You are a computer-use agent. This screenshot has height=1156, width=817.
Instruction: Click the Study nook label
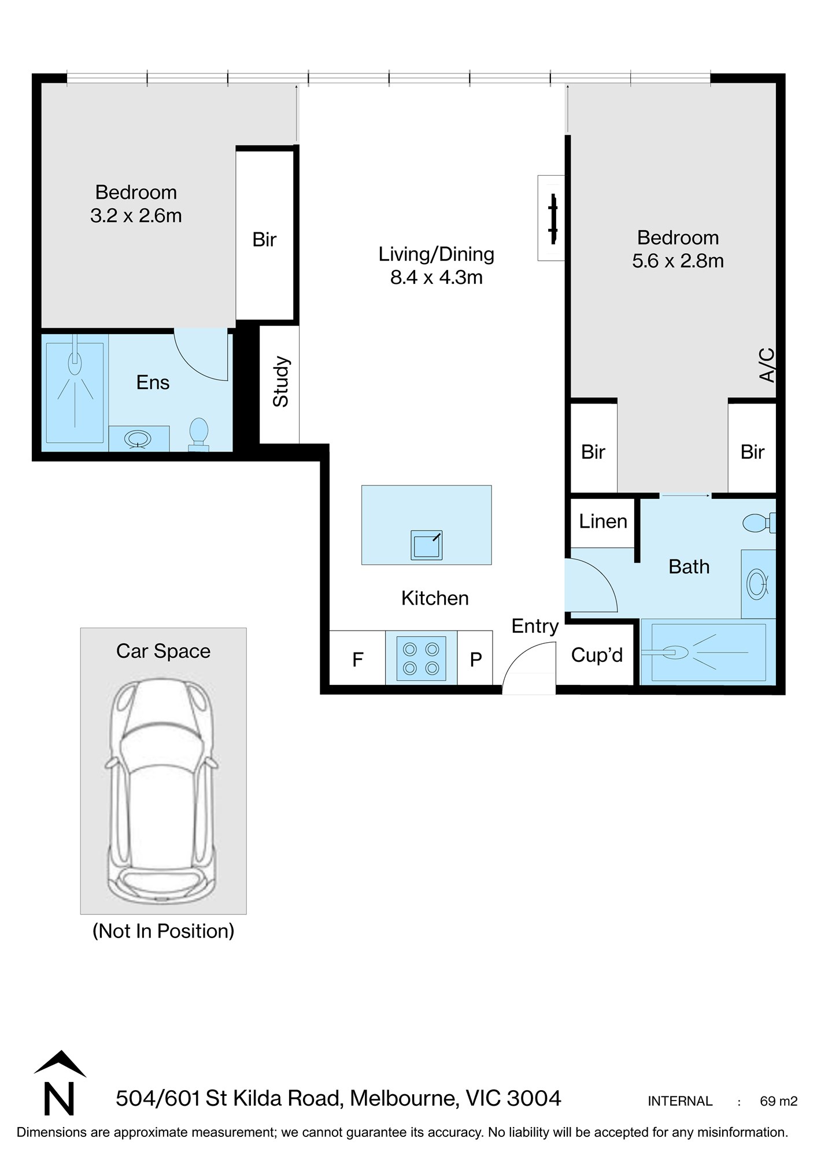[280, 381]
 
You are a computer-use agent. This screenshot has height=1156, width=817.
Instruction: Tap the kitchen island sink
[427, 545]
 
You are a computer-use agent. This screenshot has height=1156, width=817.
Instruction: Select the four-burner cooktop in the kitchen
[422, 658]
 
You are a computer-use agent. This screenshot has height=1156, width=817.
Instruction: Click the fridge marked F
[357, 658]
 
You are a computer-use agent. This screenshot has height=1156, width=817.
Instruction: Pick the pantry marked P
[475, 658]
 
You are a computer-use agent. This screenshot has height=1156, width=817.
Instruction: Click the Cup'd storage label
[597, 655]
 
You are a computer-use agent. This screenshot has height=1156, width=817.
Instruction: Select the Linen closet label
[603, 521]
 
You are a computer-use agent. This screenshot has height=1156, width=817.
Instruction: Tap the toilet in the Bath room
[759, 523]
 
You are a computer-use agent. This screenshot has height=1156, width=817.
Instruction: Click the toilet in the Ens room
[199, 434]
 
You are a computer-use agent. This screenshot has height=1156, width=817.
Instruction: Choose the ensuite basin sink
[138, 439]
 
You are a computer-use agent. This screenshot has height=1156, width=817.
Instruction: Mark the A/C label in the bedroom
[766, 365]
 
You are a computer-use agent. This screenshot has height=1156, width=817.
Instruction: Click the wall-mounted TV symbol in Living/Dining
[553, 218]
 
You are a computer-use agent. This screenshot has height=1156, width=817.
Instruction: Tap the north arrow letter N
[60, 1098]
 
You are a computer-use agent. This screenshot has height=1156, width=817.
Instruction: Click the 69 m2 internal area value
[778, 1101]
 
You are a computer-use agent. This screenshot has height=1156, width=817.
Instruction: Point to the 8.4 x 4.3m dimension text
[437, 277]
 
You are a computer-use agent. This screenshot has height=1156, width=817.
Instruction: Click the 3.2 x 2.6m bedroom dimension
[136, 216]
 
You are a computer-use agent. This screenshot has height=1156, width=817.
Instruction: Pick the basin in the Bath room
[757, 583]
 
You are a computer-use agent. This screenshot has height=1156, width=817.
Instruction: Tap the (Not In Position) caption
[164, 931]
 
